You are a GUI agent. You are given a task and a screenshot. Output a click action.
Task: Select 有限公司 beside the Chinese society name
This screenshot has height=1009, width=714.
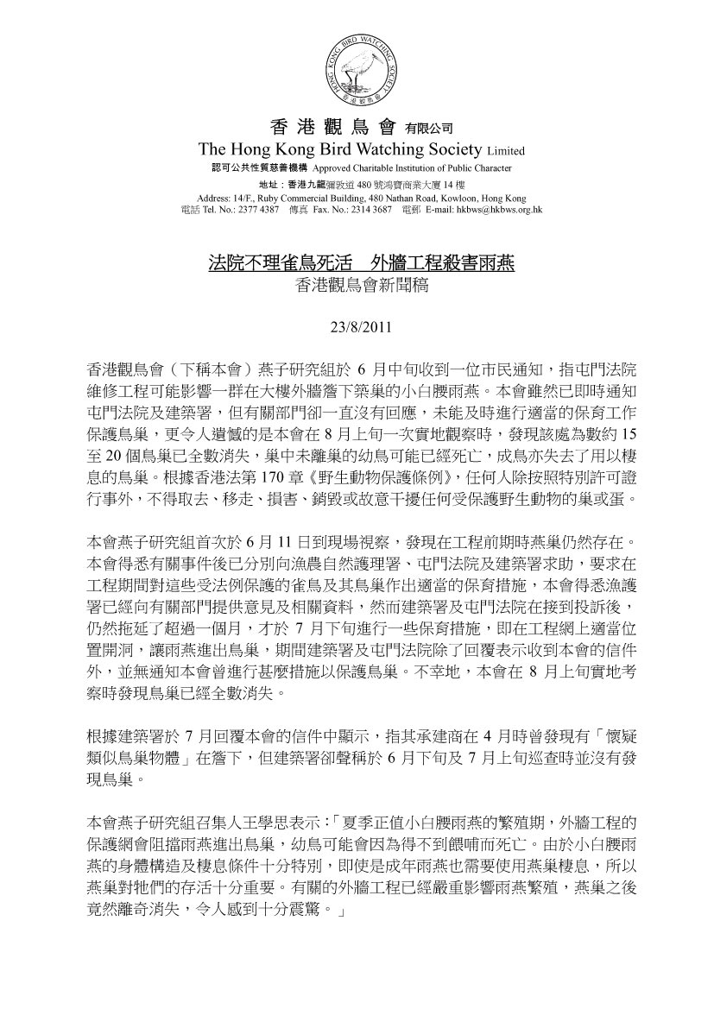[x=429, y=129]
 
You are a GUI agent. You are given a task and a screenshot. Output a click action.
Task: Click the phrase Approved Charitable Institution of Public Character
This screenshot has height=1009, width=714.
[x=412, y=168]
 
